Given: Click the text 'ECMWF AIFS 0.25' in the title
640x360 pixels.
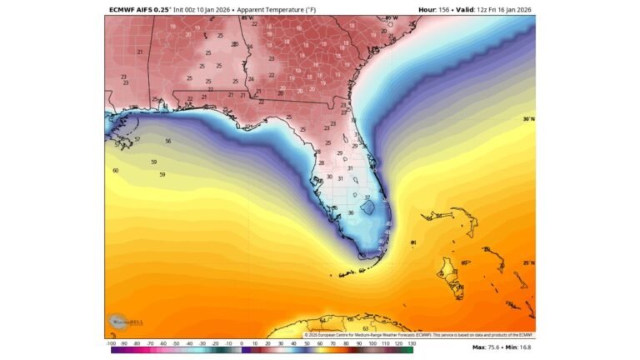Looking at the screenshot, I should tap(137, 10).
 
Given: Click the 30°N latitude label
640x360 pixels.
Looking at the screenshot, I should tap(528, 119).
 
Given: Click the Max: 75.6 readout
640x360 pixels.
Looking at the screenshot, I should tap(487, 347).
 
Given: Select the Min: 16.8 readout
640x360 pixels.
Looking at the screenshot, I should tap(522, 347).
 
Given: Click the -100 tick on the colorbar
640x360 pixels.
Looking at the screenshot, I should tap(111, 342).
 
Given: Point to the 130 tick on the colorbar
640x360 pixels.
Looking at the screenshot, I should tap(411, 342).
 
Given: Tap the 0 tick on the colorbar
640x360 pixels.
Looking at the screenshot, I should tap(242, 342).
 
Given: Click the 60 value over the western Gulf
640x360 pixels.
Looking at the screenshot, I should tap(115, 170).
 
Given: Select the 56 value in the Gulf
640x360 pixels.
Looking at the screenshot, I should tap(167, 141).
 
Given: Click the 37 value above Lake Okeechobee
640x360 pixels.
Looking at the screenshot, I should tap(367, 197).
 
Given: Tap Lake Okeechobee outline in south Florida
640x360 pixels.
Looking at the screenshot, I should tap(367, 204).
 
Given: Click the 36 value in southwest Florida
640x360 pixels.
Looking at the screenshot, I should tap(350, 212).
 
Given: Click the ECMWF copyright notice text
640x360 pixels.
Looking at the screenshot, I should tap(417, 335).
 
